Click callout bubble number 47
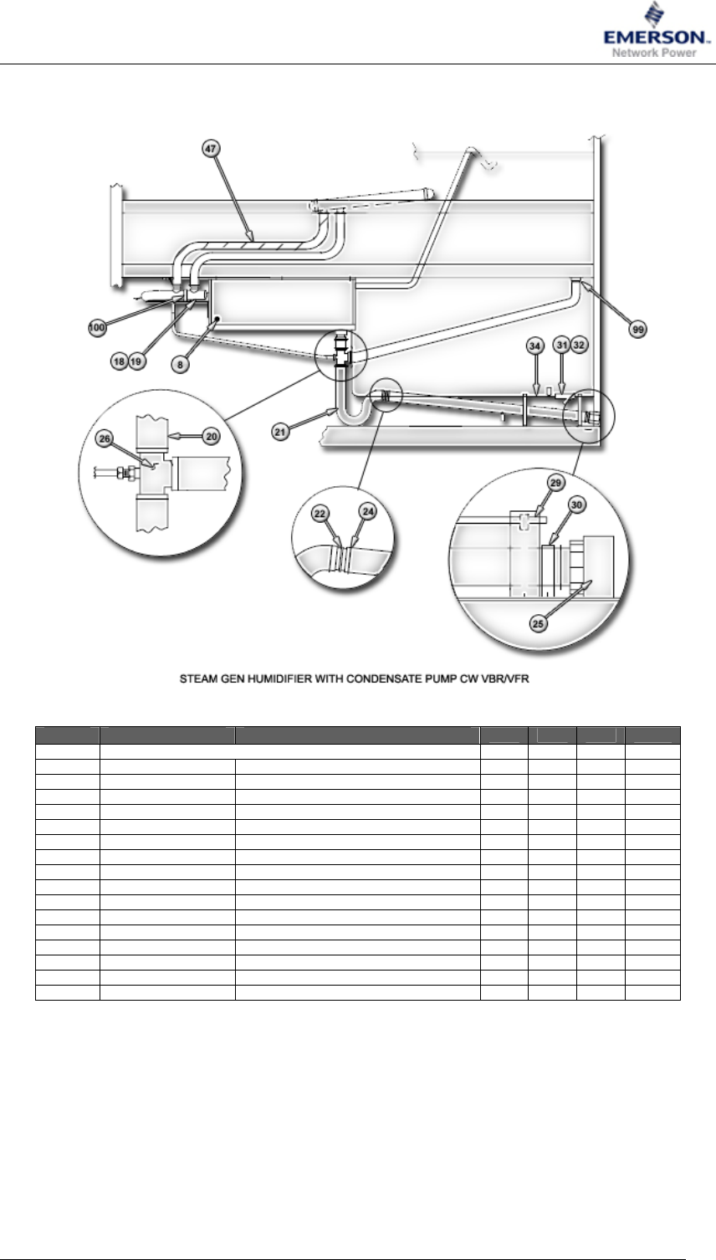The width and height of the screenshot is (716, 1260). click(211, 148)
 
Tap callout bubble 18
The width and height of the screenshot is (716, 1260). click(121, 361)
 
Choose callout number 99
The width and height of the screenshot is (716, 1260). click(638, 330)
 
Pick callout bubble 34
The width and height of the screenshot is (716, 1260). click(534, 345)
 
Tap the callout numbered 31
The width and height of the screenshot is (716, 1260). click(563, 345)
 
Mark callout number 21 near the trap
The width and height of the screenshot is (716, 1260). click(280, 431)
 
